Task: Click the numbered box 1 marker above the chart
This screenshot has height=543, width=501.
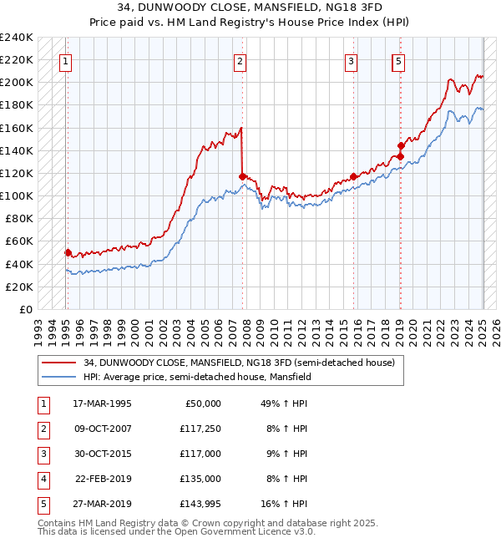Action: [x=65, y=60]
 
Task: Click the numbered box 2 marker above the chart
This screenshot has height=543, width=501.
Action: [x=240, y=60]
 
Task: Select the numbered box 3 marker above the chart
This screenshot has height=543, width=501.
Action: [x=352, y=60]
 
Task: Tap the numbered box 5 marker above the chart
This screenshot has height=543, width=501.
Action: [x=398, y=60]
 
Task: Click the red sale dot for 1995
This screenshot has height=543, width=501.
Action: [x=68, y=252]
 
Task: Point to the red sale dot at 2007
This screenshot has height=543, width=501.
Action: [x=242, y=176]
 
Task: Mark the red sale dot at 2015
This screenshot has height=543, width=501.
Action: [x=354, y=176]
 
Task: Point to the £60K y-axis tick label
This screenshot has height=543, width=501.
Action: [x=18, y=241]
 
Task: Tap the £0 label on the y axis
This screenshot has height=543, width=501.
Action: [x=25, y=309]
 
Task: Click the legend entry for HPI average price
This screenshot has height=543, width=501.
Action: [x=197, y=377]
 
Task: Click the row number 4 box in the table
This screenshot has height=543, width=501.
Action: [x=43, y=479]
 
